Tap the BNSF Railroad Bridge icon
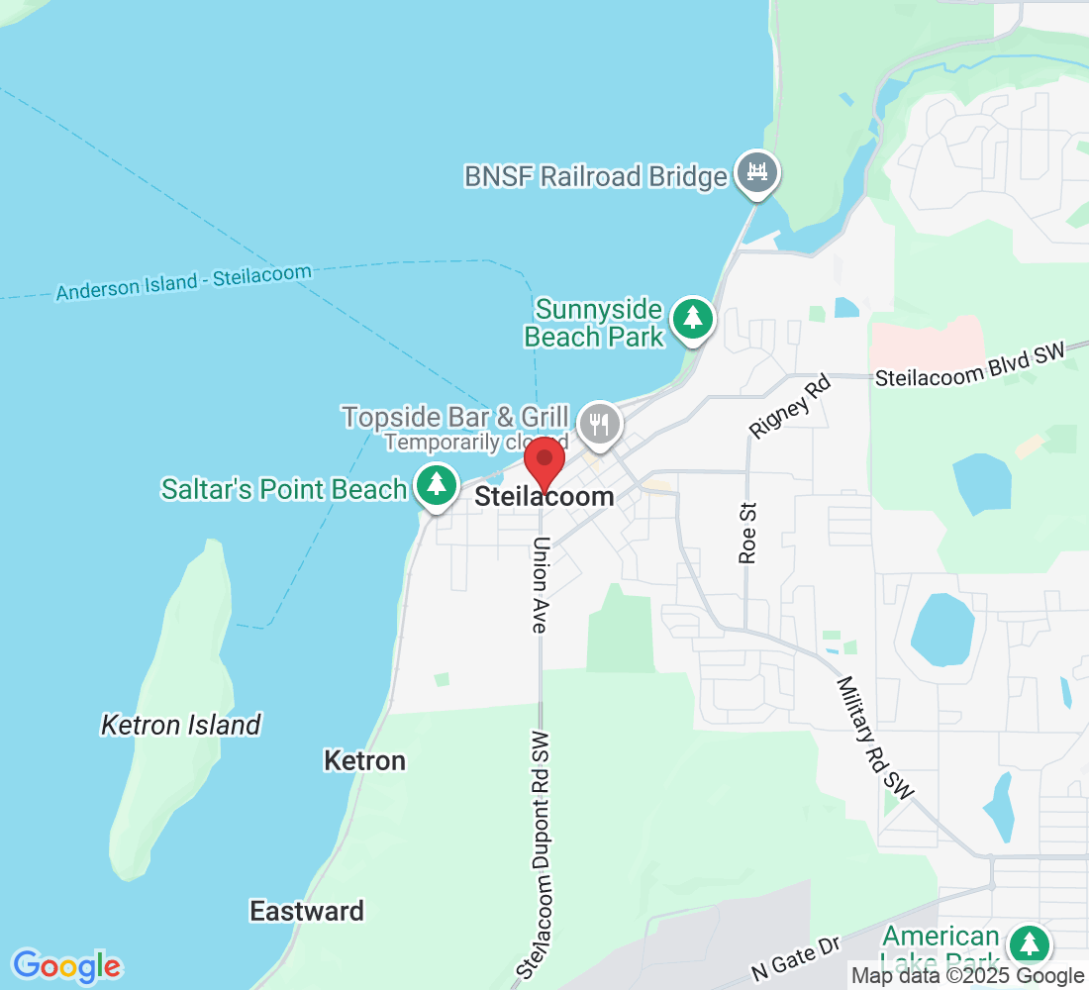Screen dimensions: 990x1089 (757, 172)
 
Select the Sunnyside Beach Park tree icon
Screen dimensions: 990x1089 (693, 319)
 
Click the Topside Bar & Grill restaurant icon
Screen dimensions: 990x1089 (599, 424)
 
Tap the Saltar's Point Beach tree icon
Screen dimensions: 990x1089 (436, 485)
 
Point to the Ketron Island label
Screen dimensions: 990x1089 (181, 726)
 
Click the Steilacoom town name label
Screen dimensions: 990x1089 (544, 497)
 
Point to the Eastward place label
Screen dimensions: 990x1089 (307, 911)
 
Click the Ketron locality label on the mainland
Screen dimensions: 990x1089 (364, 760)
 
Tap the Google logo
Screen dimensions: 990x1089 (66, 965)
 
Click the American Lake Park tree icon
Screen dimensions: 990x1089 (1030, 943)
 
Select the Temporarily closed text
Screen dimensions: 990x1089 (475, 442)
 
